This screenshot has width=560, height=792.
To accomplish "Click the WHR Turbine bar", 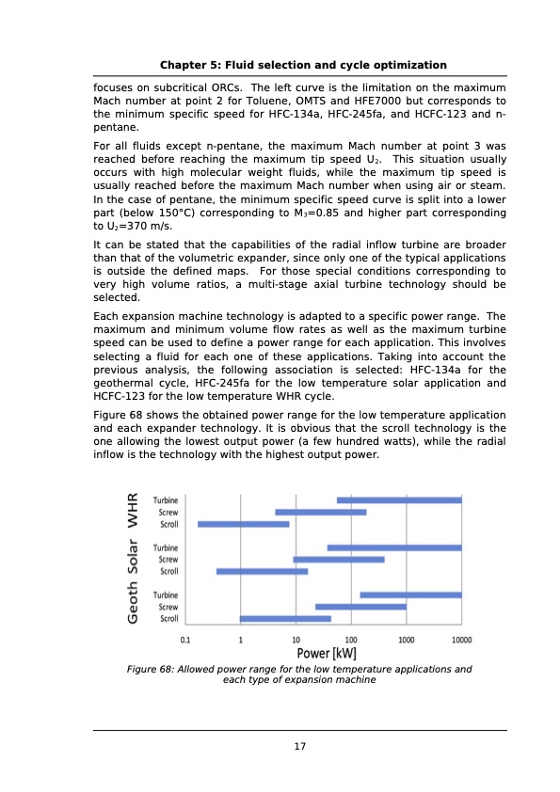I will (x=399, y=500).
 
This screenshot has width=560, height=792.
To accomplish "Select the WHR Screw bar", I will (x=321, y=512).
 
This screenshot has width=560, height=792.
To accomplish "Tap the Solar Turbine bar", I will (x=394, y=547).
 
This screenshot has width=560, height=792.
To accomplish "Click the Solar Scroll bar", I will (x=262, y=571).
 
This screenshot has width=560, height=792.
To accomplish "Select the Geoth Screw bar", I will (x=360, y=607).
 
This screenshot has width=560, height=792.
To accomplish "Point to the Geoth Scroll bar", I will (x=285, y=619).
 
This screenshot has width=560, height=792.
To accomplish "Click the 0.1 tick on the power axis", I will (x=186, y=639).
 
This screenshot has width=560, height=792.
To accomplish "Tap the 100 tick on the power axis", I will (x=351, y=639).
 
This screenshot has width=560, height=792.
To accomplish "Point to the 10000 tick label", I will (x=460, y=639).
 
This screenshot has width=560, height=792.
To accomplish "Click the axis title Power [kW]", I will (x=326, y=653).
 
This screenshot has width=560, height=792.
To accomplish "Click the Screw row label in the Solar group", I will (x=168, y=560).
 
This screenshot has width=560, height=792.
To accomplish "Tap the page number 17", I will (x=299, y=747).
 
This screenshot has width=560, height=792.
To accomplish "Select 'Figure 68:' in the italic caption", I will (x=152, y=669).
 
